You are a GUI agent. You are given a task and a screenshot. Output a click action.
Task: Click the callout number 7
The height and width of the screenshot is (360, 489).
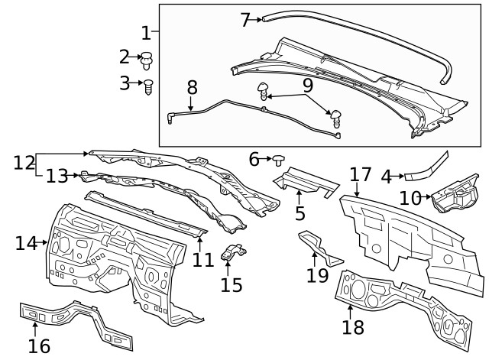pos(244,20)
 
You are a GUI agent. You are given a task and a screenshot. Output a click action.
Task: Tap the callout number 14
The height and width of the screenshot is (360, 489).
pos(26,243)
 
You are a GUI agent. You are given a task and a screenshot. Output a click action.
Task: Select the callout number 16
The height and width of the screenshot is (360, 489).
pos(39,345)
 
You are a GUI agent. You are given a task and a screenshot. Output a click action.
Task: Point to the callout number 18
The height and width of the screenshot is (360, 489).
pos(353,328)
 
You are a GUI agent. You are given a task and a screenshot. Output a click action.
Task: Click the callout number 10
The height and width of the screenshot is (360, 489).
pos(410,198)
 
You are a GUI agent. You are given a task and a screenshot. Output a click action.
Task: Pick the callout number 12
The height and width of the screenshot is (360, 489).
pos(24,162)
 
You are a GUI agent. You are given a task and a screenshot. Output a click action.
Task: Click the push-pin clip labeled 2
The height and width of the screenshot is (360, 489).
pos(148,57)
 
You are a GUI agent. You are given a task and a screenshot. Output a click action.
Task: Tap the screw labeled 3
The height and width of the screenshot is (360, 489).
pos(150,86)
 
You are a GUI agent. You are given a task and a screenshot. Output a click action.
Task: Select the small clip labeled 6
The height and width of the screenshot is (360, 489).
pos(280,160)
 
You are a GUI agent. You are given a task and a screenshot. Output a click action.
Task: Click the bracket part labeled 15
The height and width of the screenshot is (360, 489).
pos(235,251)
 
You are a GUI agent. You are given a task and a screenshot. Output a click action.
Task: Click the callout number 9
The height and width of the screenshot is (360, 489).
pos(308,84)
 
